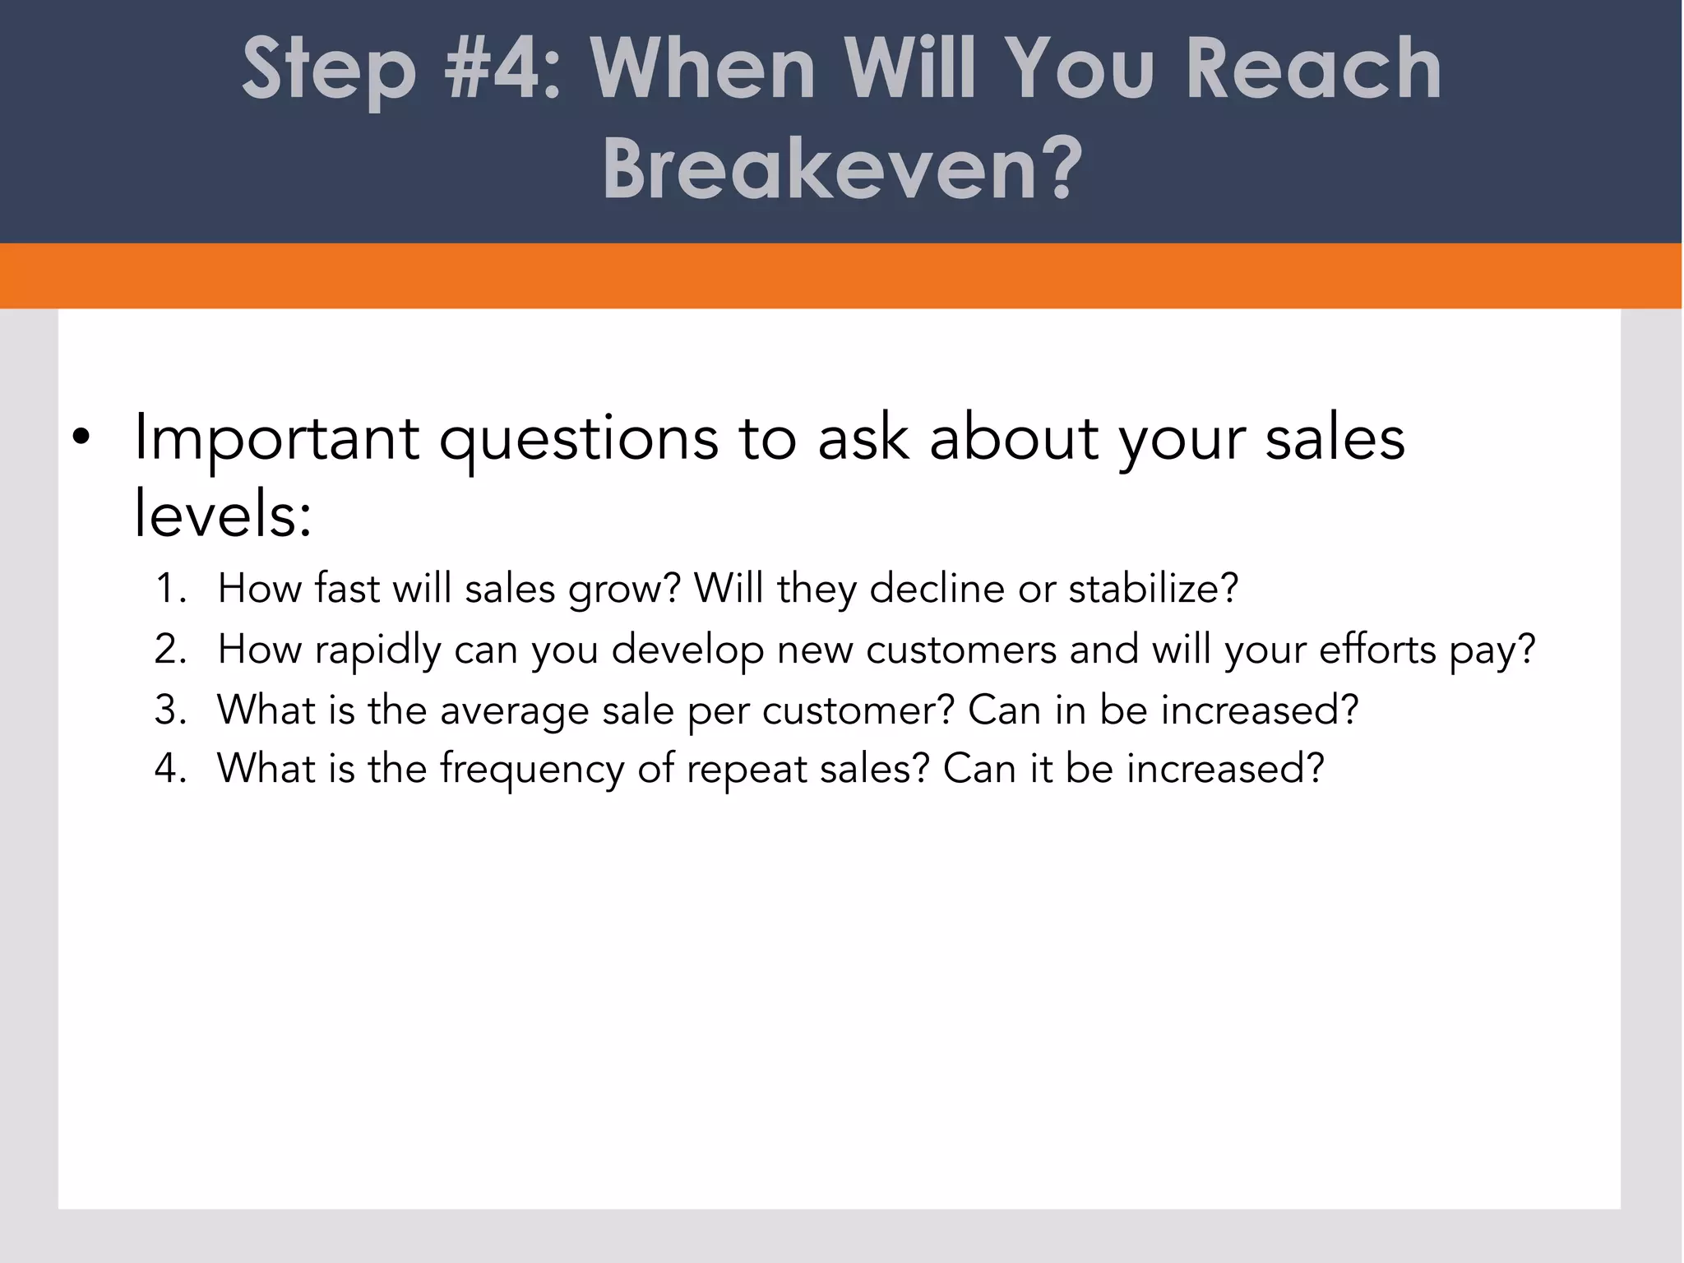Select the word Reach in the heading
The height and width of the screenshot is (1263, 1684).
[1313, 70]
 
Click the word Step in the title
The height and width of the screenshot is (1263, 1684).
[329, 70]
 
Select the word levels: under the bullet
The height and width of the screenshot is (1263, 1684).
[223, 514]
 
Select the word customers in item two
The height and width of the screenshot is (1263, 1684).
[960, 650]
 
